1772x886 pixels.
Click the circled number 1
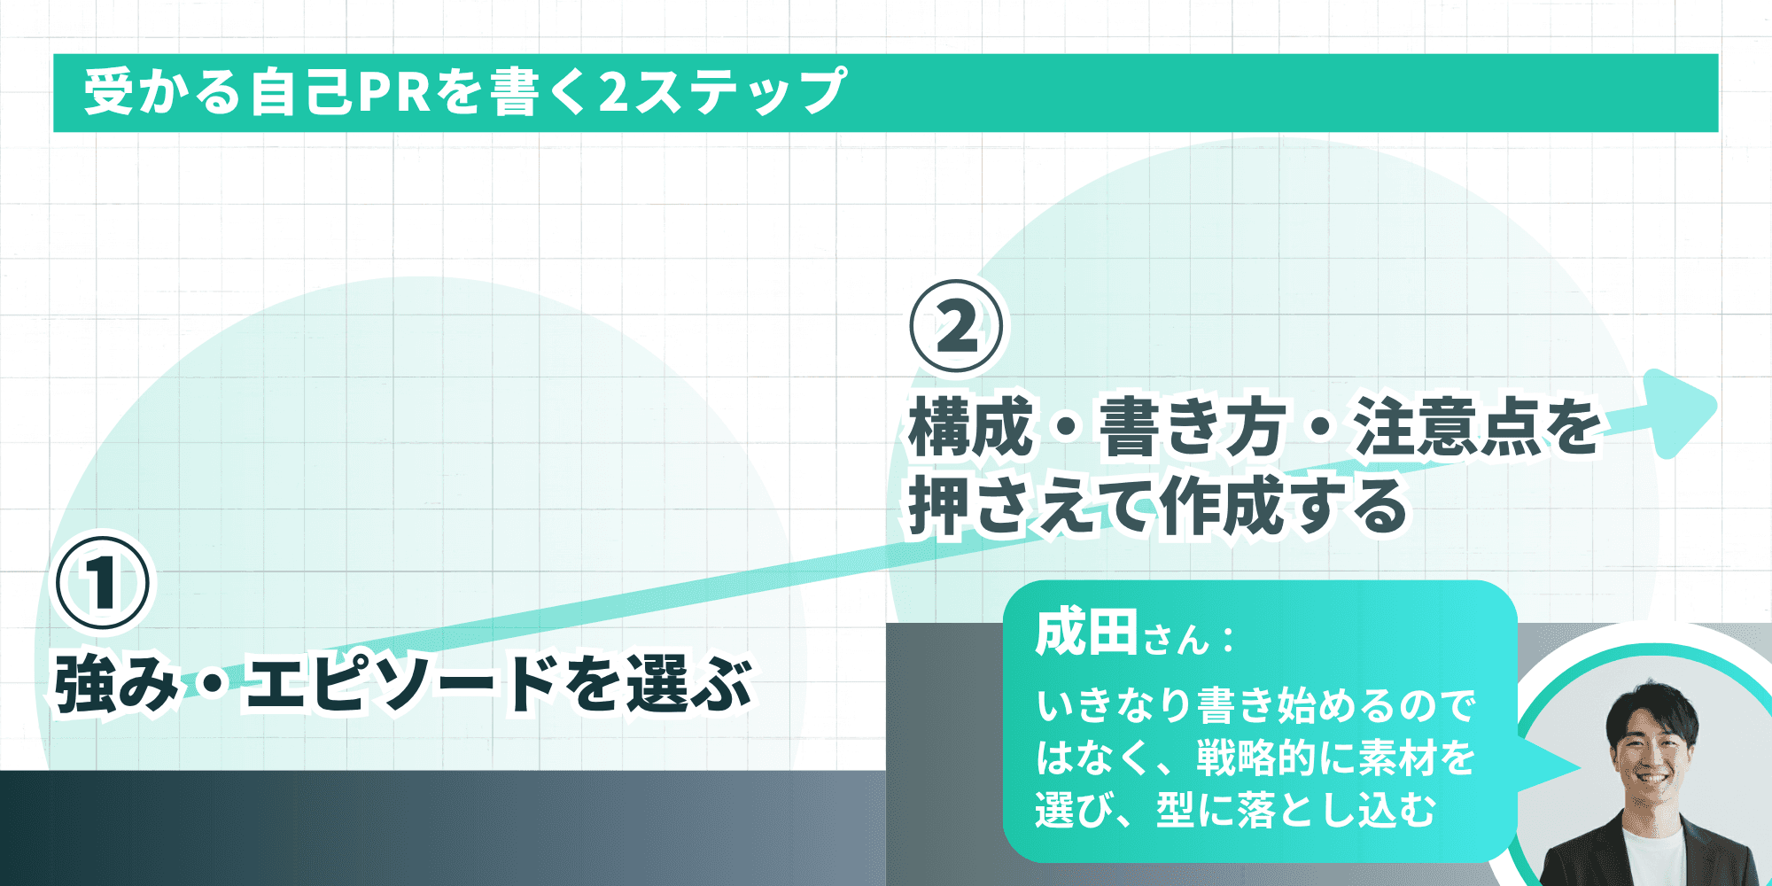104,581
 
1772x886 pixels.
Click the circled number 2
957,326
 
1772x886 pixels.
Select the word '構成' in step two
971,427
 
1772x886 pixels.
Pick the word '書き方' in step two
1193,427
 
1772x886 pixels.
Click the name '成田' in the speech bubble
1086,633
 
